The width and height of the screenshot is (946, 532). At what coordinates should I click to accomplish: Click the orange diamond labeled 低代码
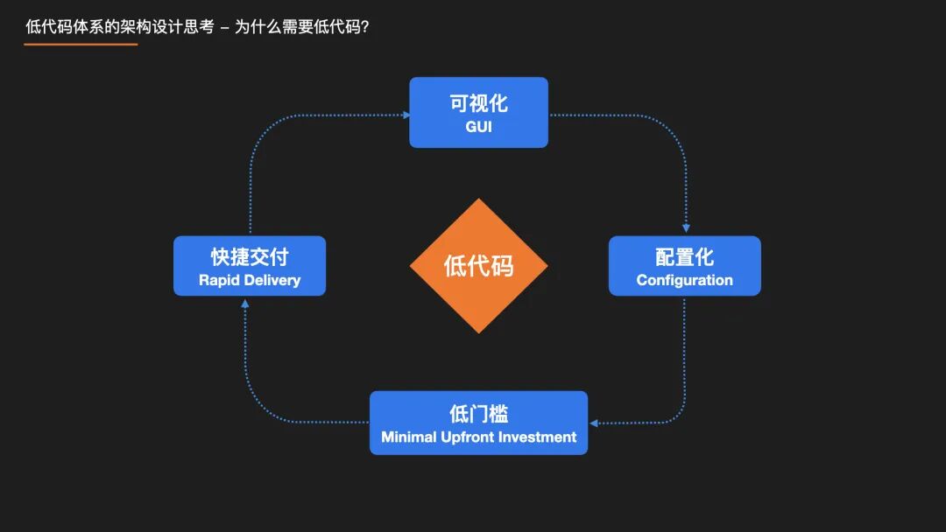click(x=478, y=266)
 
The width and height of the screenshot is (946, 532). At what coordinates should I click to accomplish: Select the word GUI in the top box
click(x=478, y=127)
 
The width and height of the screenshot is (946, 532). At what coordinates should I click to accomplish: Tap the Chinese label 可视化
click(x=478, y=103)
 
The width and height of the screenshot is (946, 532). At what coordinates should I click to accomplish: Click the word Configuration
click(x=684, y=280)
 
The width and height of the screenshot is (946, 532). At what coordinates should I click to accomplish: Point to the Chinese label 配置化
click(x=684, y=257)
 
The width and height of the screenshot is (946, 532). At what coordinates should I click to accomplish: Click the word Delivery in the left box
click(x=271, y=280)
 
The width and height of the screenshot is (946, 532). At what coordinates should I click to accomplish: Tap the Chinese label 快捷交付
click(x=250, y=257)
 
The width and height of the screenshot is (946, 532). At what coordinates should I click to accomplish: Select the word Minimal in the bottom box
click(x=409, y=437)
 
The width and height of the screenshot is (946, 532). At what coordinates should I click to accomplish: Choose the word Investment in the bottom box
click(x=540, y=437)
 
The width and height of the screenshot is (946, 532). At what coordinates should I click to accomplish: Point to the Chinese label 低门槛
click(x=478, y=414)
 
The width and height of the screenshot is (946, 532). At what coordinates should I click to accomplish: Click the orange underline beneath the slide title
click(x=81, y=44)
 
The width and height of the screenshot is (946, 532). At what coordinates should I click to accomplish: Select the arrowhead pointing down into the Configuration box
click(x=685, y=229)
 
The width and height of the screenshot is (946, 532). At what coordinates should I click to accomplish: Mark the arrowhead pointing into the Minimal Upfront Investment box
click(x=594, y=423)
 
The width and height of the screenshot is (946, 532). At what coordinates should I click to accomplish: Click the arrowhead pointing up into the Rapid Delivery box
click(x=245, y=303)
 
